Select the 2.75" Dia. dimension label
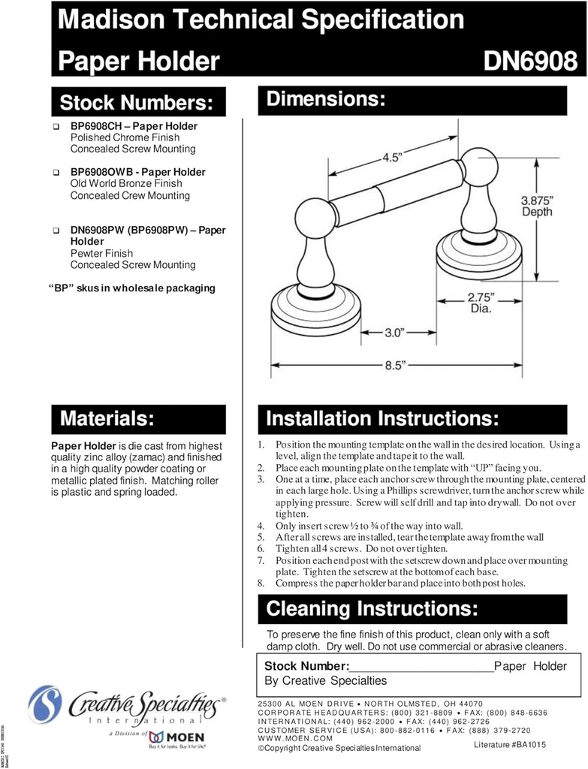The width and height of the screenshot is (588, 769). (480, 302)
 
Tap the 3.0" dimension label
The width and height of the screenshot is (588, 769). (395, 331)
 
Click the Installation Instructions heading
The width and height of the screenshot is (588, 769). (382, 418)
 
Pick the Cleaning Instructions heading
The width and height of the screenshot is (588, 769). (372, 608)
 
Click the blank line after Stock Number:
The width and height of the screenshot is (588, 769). (421, 667)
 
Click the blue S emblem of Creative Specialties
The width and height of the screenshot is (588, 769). (44, 704)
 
